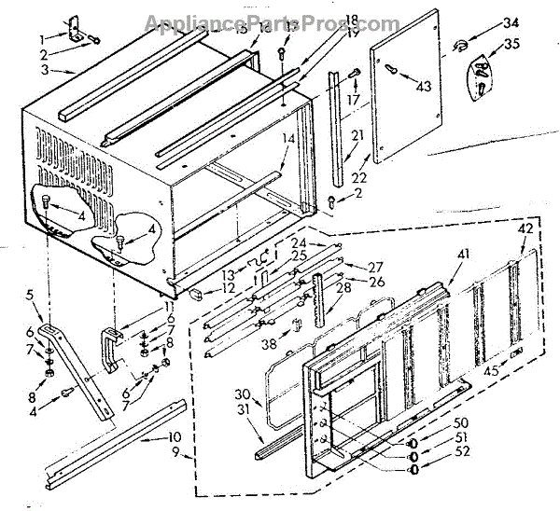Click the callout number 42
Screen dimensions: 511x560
tap(526, 227)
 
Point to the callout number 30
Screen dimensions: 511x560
tap(241, 393)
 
